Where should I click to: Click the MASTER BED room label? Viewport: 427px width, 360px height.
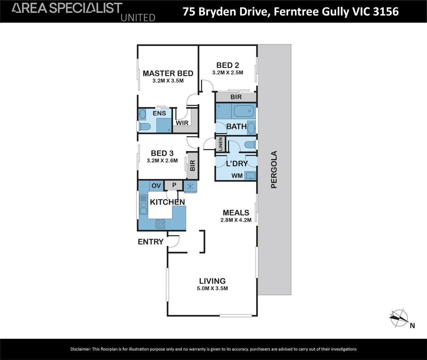(168, 73)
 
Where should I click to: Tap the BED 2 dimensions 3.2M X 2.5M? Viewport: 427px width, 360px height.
(228, 73)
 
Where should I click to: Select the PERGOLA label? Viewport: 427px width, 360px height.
(274, 169)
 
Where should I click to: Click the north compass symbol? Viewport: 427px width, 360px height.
(399, 318)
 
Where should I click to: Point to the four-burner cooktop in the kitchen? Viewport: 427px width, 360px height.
(160, 224)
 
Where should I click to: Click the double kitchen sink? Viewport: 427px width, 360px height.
(143, 205)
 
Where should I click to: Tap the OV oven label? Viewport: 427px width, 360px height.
(156, 186)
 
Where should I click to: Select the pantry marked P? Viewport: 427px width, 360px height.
(174, 185)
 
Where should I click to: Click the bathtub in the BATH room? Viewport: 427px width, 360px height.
(244, 111)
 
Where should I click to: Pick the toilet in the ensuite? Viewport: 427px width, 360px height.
(145, 126)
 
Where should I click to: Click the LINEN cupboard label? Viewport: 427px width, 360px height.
(221, 144)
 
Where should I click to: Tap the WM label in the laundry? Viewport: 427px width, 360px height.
(237, 176)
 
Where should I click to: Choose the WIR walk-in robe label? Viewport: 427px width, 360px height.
(182, 123)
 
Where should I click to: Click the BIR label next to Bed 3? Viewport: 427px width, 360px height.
(192, 165)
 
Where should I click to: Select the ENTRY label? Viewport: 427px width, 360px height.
(151, 242)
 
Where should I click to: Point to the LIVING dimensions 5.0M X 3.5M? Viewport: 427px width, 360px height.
(212, 288)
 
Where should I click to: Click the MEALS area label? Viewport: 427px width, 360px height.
(236, 213)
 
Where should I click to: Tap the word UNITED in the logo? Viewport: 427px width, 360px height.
(138, 18)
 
